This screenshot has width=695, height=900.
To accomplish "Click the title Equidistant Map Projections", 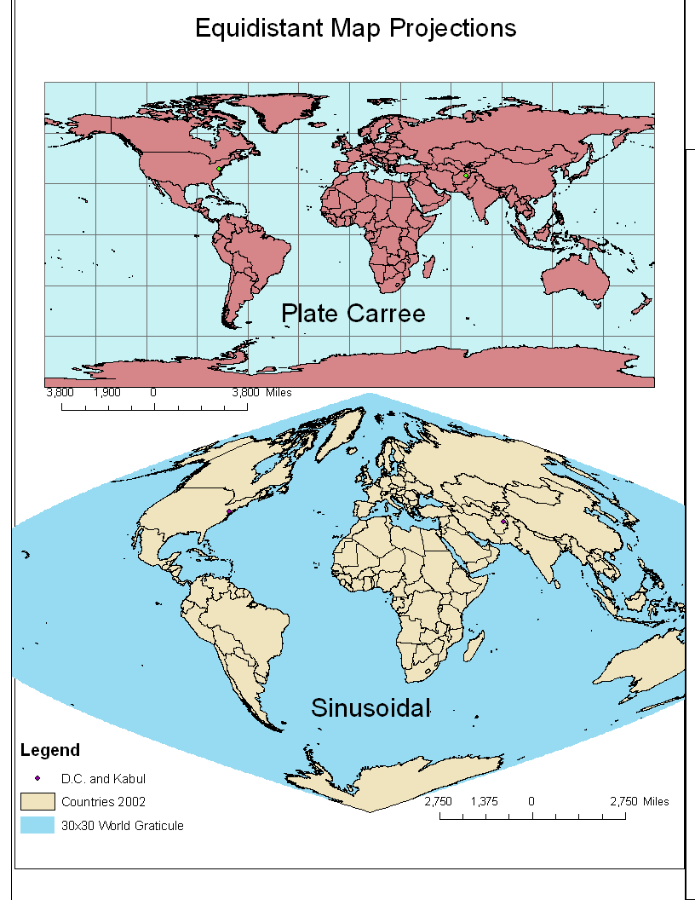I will click(355, 28).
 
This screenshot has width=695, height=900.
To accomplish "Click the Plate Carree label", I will click(353, 314).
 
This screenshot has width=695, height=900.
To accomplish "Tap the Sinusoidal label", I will click(370, 707).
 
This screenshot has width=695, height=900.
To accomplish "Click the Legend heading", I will click(49, 751).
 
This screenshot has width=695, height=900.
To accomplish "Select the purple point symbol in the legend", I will click(37, 778).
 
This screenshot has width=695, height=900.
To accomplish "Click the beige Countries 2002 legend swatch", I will click(37, 802).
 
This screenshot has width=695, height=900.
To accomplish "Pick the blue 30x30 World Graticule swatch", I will click(37, 825).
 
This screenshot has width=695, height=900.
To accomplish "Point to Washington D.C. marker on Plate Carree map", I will click(220, 170).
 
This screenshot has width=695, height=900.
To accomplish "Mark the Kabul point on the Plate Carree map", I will click(466, 176).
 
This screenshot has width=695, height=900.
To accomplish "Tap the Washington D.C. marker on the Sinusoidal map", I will click(228, 511).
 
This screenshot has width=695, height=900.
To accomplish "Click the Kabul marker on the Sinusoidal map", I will click(504, 521).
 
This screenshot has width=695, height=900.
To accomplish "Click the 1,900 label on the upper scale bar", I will click(106, 393).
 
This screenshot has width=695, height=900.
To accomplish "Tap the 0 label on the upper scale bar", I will click(153, 393).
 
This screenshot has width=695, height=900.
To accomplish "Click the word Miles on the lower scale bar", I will click(656, 802).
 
